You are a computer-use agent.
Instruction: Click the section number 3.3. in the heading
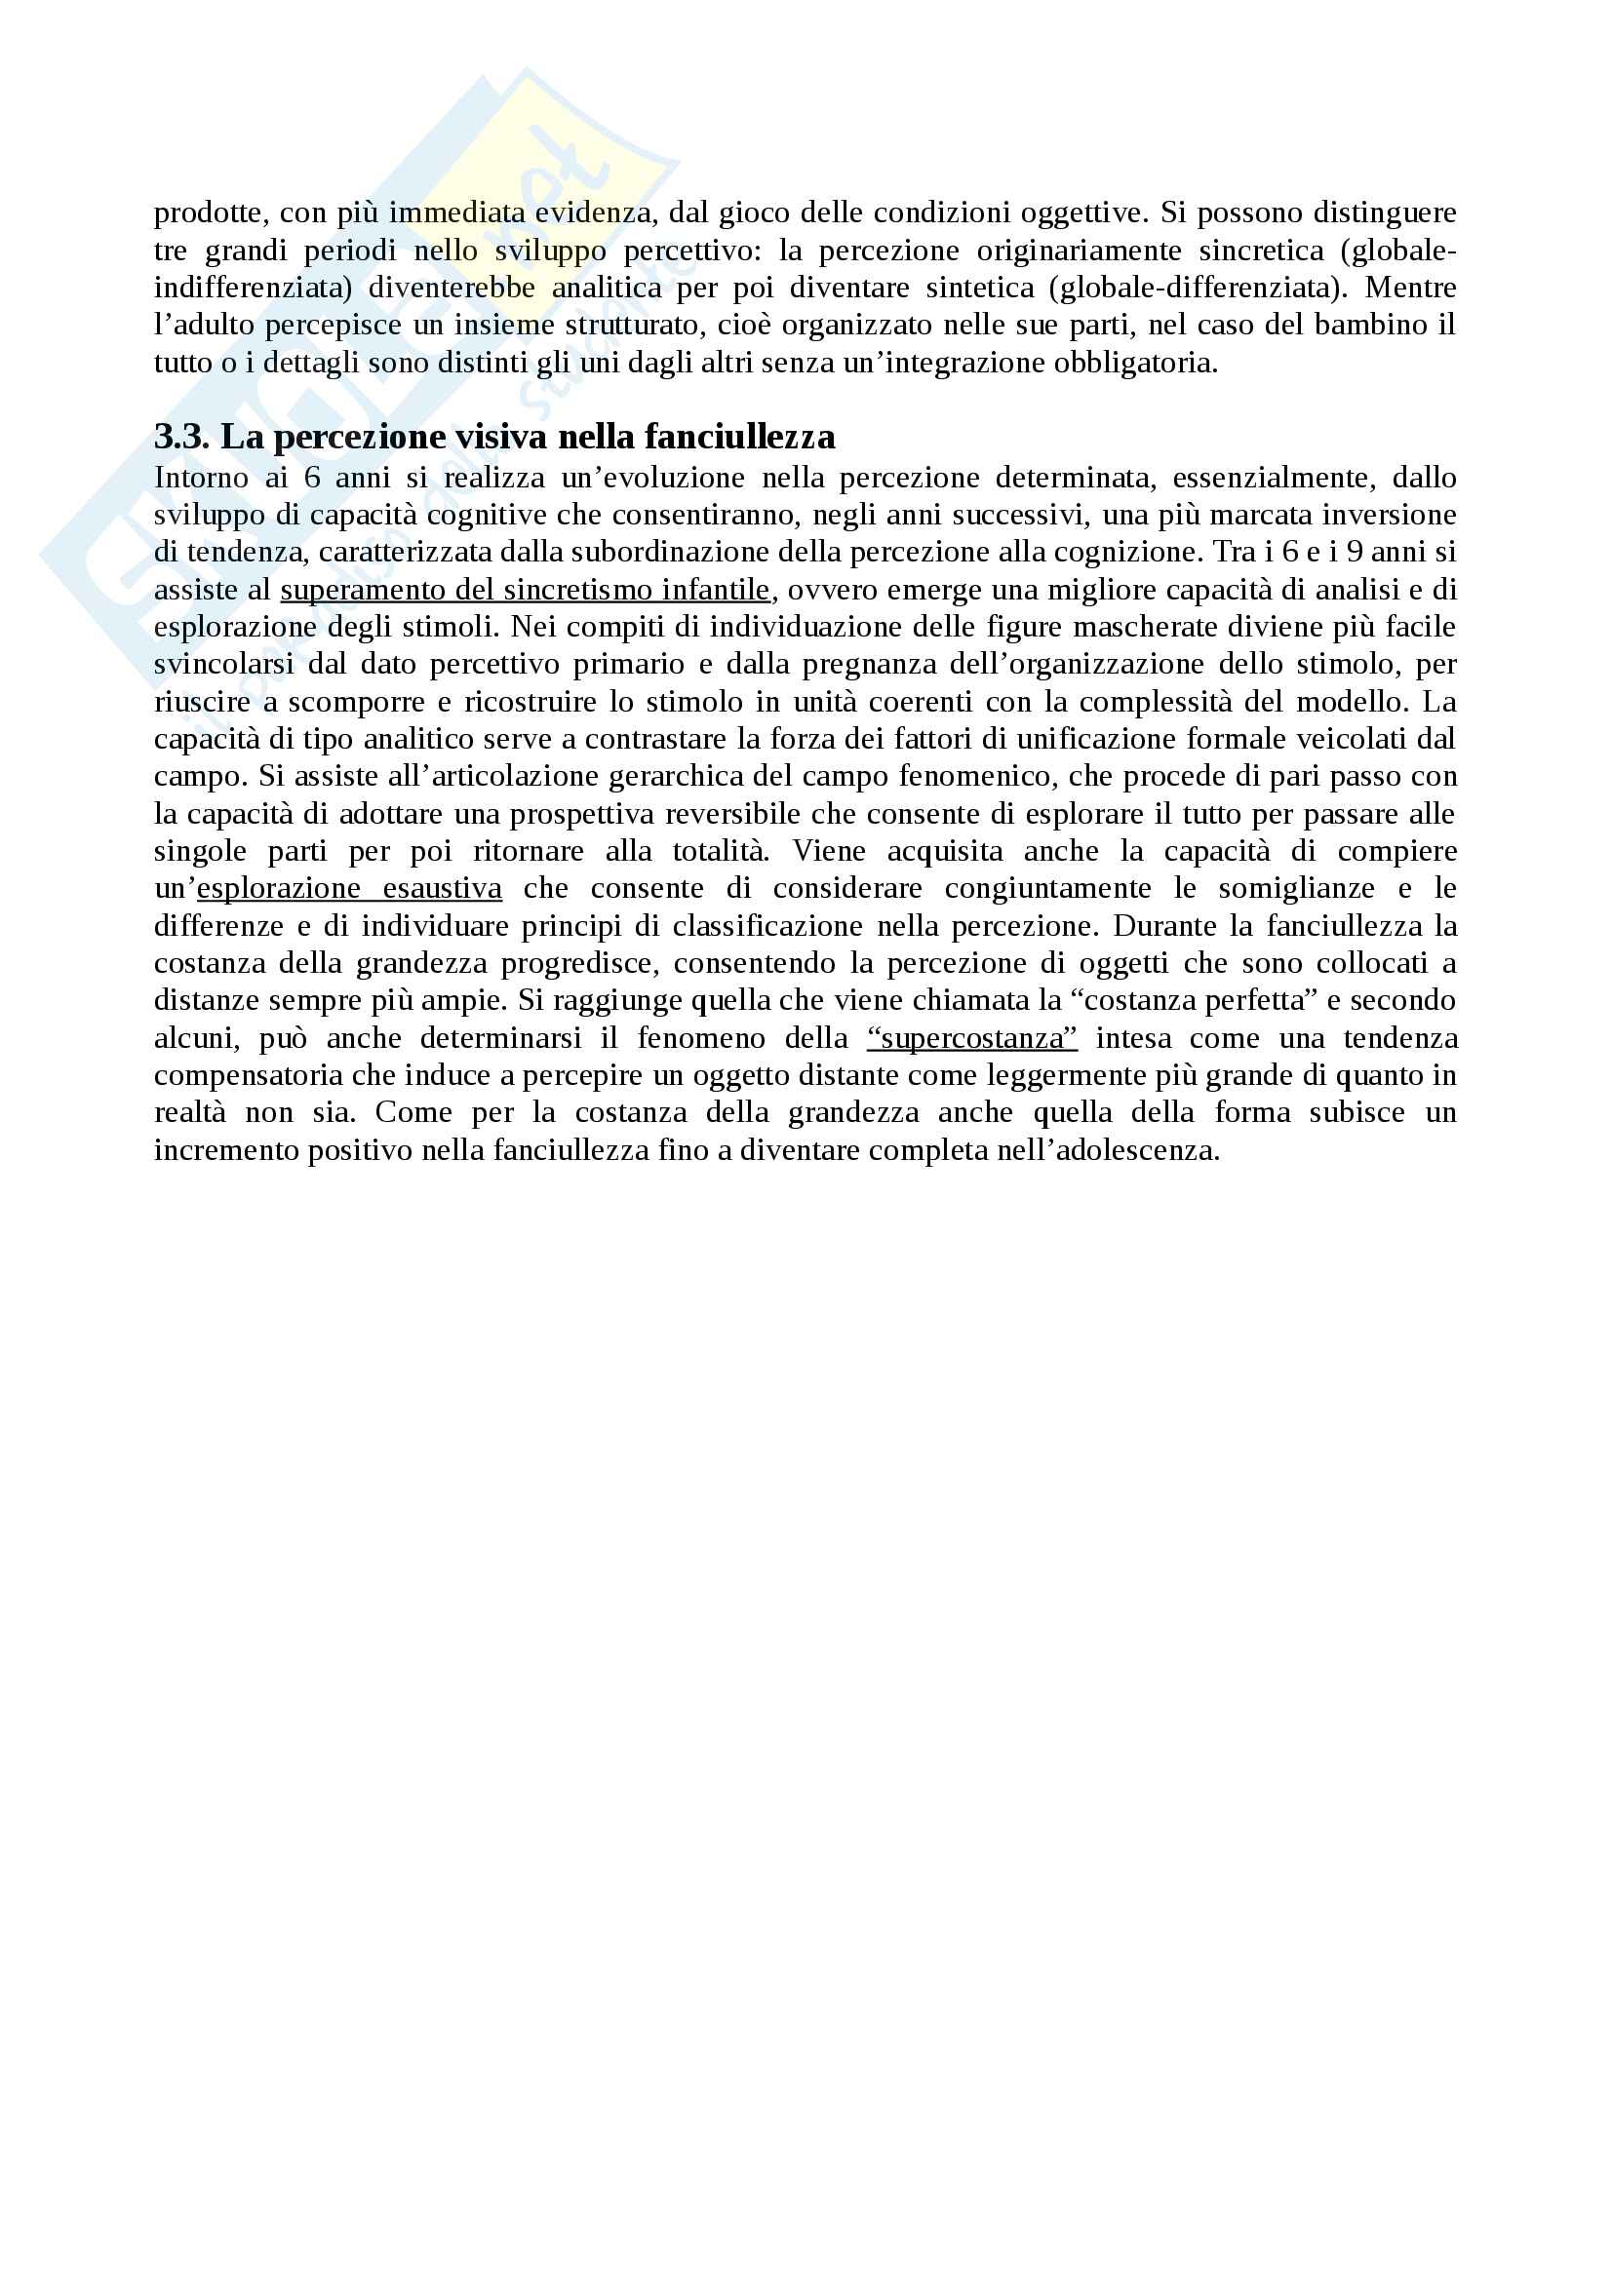(x=180, y=437)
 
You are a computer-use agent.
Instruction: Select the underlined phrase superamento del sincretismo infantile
(x=525, y=590)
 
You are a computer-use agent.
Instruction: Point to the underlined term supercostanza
(x=971, y=1039)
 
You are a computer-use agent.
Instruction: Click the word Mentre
(x=1410, y=288)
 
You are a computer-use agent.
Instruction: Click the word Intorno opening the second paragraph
(x=201, y=478)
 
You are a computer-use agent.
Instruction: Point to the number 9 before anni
(x=1354, y=552)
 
